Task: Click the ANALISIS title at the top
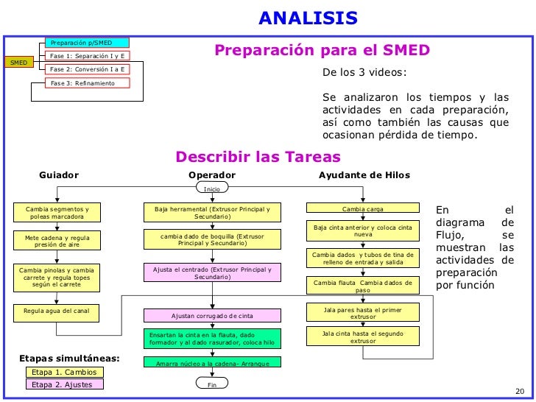(308, 18)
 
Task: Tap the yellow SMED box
(18, 63)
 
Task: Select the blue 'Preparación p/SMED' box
(87, 43)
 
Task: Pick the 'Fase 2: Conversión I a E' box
(87, 69)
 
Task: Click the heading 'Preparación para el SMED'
(322, 50)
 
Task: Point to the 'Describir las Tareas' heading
(258, 157)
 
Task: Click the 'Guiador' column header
(59, 175)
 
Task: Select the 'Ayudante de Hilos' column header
(364, 175)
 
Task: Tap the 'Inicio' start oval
(212, 189)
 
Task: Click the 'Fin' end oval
(212, 383)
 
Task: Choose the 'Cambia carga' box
(362, 208)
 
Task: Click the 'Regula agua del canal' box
(57, 311)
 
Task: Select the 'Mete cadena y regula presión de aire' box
(57, 241)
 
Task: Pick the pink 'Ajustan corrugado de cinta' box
(212, 315)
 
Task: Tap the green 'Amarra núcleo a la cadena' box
(212, 364)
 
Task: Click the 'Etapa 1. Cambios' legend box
(65, 373)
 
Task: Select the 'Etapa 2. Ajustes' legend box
(65, 384)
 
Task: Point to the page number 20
(516, 391)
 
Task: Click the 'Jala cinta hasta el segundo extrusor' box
(362, 337)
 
